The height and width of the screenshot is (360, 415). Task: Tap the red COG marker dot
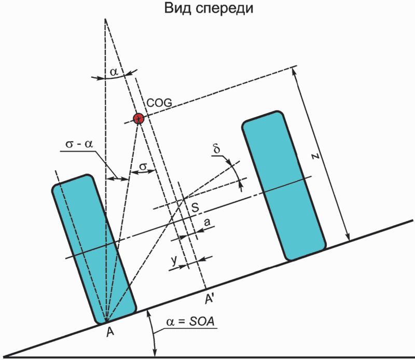pos(138,118)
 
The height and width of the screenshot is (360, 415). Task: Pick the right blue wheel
pos(284,185)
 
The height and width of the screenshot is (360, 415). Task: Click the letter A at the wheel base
pos(109,332)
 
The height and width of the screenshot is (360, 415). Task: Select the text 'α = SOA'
pos(190,322)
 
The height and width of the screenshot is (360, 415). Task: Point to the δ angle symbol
pos(217,150)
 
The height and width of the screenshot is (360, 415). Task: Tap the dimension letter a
pos(208,222)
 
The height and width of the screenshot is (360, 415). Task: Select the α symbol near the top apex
pos(115,72)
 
